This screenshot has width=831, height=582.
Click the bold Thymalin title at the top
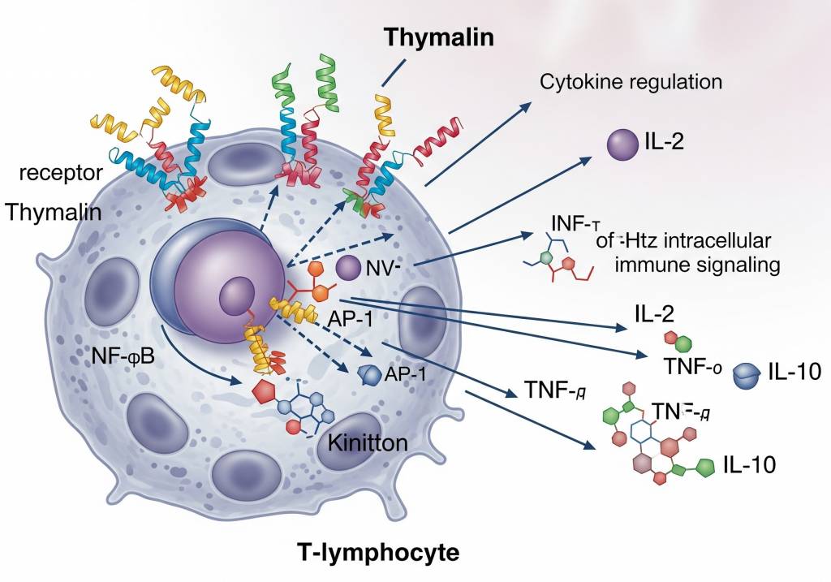tap(439, 37)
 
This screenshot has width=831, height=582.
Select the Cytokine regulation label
tap(631, 81)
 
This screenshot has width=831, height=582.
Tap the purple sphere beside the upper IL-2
tap(623, 144)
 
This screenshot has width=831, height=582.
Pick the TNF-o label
tap(692, 367)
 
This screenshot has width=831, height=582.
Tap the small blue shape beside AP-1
tap(369, 375)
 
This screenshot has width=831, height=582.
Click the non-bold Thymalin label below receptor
tap(54, 213)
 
